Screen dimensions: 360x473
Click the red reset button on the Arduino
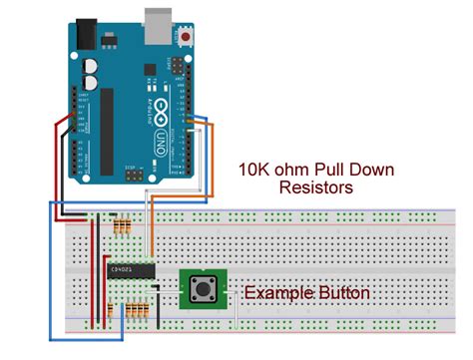coord(187,38)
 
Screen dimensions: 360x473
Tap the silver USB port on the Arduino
coord(157,26)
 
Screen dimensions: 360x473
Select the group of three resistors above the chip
coord(123,226)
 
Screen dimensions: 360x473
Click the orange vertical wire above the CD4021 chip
coord(152,235)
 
